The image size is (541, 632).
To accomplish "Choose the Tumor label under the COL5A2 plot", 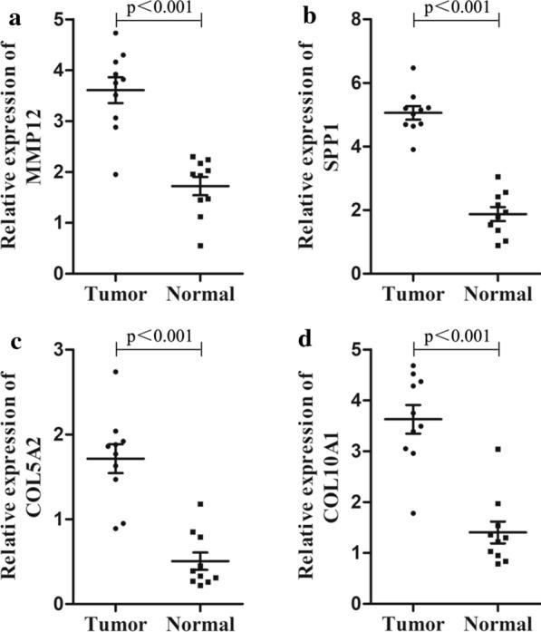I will (x=114, y=624).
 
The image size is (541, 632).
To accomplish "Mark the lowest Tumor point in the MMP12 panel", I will (x=114, y=174).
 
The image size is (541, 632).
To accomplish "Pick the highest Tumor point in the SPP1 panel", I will (x=414, y=68).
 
